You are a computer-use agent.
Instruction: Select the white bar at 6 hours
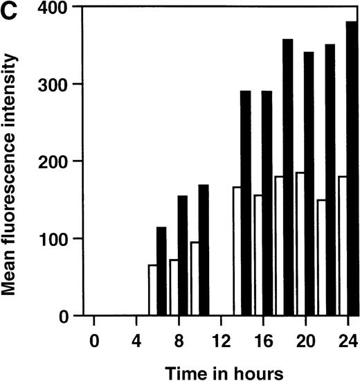tap(152, 290)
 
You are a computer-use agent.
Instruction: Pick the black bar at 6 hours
tap(161, 271)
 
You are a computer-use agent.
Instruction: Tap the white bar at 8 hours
tap(173, 287)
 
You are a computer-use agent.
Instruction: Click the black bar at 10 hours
tap(204, 250)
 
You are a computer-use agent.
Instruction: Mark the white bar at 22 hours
tap(321, 257)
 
